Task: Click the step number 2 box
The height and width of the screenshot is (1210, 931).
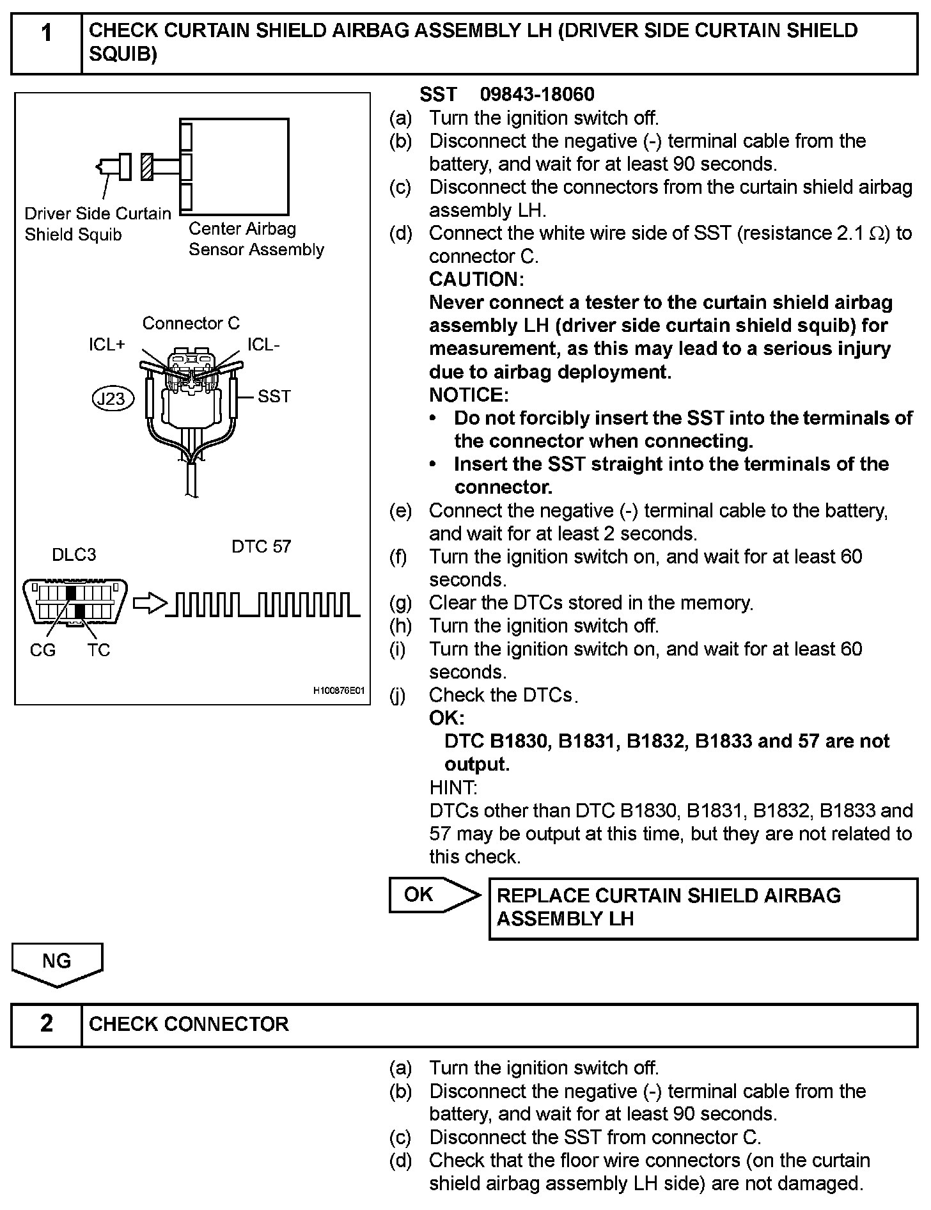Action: point(47,1024)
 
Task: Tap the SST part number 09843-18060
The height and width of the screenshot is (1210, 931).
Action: point(537,95)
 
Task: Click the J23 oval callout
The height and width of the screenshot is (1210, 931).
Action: point(113,399)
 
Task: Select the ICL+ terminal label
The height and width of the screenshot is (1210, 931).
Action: point(107,345)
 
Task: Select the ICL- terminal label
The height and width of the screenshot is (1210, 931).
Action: point(263,345)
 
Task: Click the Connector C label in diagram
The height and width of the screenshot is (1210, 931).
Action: point(191,323)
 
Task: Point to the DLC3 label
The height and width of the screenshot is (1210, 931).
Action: point(74,554)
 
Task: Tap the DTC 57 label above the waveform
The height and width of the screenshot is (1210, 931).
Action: point(261,547)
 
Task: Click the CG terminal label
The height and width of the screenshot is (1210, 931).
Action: point(43,650)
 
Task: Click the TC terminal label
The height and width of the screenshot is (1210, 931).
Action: point(99,650)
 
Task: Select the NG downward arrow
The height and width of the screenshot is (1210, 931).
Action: point(57,964)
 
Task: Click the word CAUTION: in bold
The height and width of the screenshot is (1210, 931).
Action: point(476,279)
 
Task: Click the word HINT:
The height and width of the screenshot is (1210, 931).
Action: point(453,787)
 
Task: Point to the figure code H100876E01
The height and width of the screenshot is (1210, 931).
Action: point(338,691)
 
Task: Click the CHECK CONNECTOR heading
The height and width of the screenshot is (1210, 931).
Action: point(189,1024)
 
